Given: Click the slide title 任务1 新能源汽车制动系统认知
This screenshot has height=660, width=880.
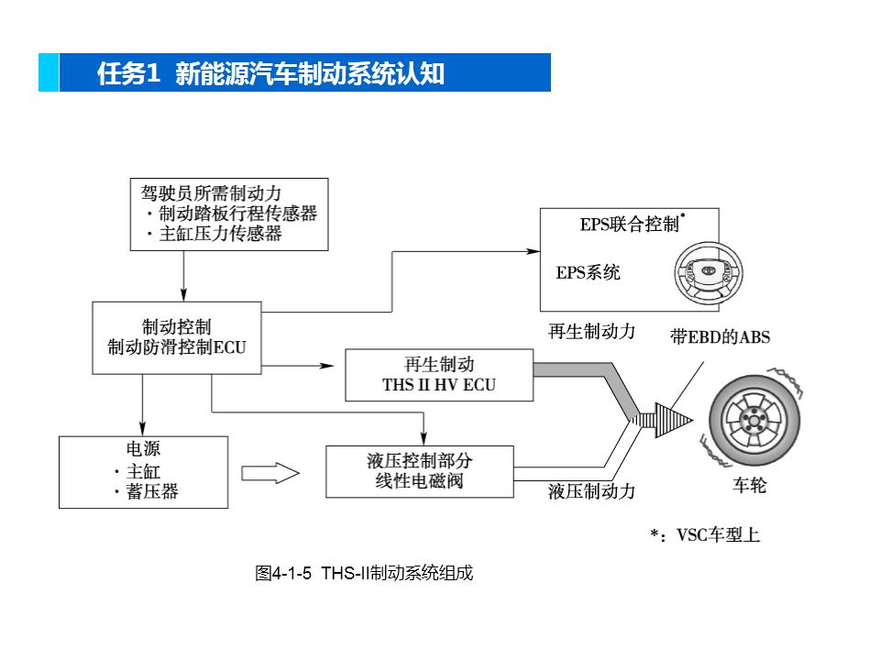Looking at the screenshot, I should [x=270, y=73].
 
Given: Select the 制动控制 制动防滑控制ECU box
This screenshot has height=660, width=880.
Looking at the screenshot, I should [x=177, y=337].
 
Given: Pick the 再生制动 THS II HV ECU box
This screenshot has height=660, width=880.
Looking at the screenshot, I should [x=438, y=375].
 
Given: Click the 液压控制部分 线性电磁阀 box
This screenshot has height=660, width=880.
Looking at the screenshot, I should [x=420, y=471].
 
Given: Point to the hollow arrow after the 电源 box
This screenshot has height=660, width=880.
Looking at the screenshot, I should [x=270, y=473].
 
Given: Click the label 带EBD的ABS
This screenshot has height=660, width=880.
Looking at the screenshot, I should [x=720, y=337].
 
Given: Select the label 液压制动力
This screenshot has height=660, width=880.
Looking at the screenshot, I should [x=591, y=491].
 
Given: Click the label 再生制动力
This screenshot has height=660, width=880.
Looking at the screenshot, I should [x=591, y=332].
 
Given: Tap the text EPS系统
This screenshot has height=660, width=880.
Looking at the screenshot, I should [x=588, y=273].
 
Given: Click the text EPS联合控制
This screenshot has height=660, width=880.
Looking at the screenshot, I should [x=630, y=225].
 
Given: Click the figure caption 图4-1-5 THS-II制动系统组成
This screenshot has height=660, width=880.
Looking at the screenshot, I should [x=364, y=575].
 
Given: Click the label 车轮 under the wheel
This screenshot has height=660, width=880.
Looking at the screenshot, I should [x=749, y=486].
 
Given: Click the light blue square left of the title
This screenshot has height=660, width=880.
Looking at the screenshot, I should [x=49, y=73].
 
